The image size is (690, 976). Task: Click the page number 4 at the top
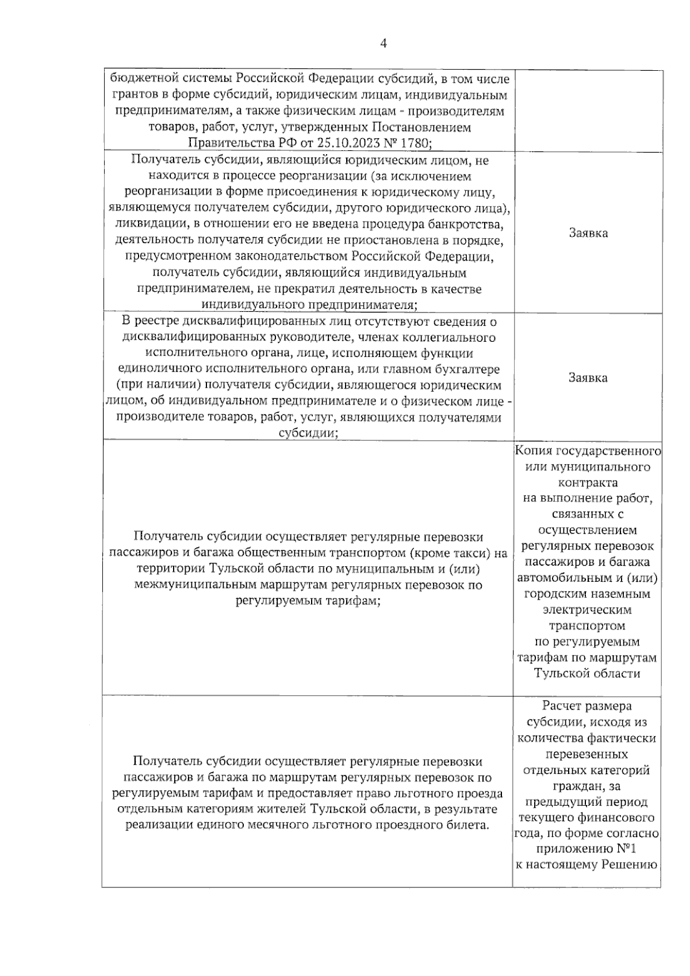(x=384, y=43)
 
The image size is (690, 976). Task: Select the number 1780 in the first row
(x=413, y=142)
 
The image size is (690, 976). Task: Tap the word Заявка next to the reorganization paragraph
(x=588, y=232)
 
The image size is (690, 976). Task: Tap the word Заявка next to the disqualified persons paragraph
(x=588, y=378)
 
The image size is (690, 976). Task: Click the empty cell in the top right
(x=588, y=110)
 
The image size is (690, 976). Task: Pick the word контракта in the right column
(x=587, y=482)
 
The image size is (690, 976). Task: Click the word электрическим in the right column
(x=587, y=609)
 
